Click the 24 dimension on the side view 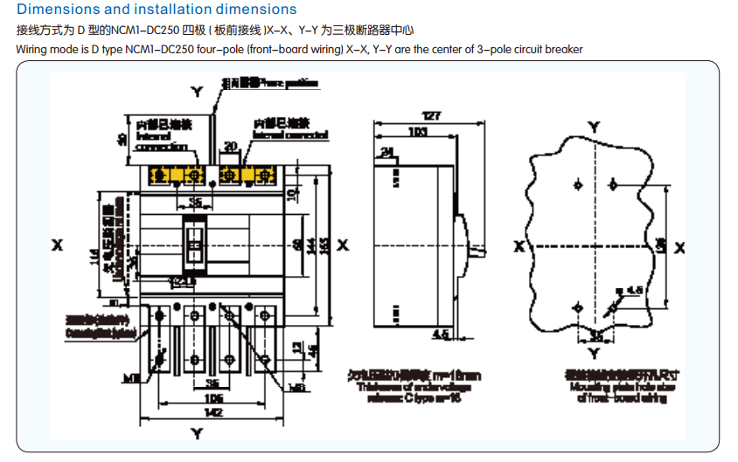click(386, 153)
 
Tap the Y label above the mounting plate click(595, 128)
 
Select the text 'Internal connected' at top click(290, 135)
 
